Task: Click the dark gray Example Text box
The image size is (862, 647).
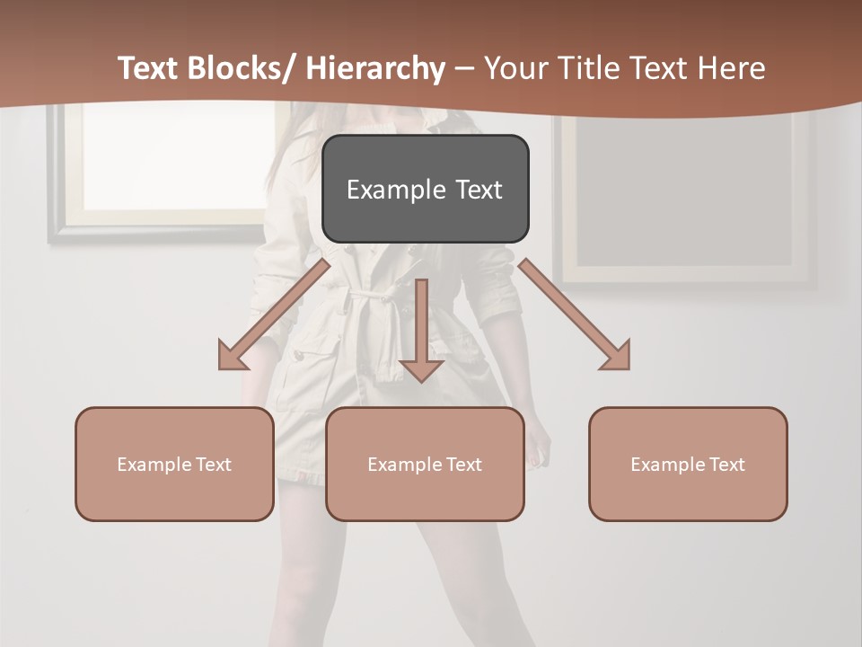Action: tap(425, 189)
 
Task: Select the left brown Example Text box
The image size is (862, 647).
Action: tap(174, 464)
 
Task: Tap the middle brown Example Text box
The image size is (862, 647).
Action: tap(425, 464)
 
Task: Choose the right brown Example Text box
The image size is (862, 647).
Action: tap(688, 464)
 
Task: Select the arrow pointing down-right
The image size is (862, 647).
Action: tap(575, 315)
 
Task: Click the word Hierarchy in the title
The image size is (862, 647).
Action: tap(375, 68)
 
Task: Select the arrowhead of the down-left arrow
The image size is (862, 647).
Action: tap(232, 357)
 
